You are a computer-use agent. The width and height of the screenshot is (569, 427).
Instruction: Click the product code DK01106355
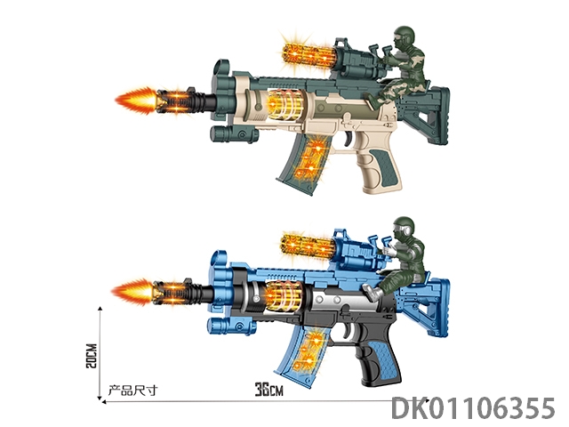[473, 407]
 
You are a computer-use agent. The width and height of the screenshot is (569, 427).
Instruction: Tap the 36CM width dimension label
[268, 390]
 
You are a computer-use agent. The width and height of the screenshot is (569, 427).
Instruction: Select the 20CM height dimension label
[92, 356]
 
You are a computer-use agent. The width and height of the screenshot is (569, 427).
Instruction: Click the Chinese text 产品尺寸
[132, 391]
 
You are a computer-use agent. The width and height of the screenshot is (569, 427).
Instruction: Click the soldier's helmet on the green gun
[403, 36]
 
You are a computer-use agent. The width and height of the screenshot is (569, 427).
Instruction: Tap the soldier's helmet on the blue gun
[403, 228]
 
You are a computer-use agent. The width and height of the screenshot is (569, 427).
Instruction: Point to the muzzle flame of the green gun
[136, 101]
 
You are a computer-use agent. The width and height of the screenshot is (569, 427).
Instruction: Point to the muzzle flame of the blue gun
[132, 292]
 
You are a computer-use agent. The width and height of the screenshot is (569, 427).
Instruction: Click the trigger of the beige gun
[349, 139]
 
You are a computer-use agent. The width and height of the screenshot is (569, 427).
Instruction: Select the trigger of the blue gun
[348, 331]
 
